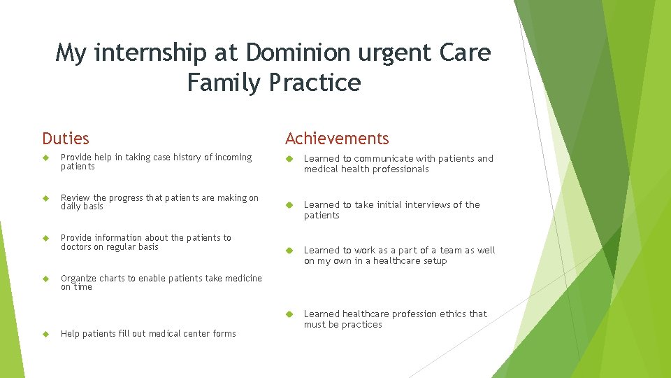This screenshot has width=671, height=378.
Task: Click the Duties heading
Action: pyautogui.click(x=66, y=139)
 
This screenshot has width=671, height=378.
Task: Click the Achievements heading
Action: pyautogui.click(x=337, y=139)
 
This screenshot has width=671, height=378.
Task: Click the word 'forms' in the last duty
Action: pyautogui.click(x=224, y=334)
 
